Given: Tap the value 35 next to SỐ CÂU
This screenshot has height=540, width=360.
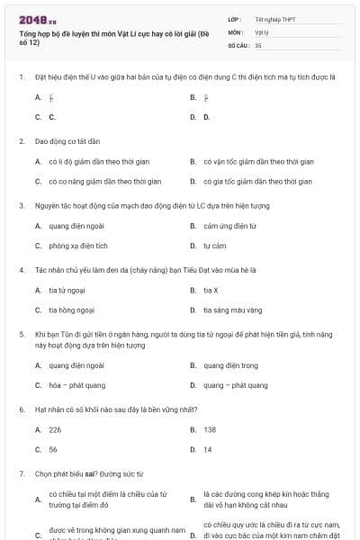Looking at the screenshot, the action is (258, 44).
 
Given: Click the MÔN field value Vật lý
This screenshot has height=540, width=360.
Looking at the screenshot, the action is (262, 31).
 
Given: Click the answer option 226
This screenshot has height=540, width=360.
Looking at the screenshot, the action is (55, 430).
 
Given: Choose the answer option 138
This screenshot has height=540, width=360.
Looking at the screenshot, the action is (210, 430).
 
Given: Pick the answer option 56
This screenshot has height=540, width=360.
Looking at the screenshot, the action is (53, 449).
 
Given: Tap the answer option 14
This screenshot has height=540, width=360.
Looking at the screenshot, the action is (208, 449).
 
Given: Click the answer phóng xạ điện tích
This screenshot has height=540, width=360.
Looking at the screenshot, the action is (78, 245).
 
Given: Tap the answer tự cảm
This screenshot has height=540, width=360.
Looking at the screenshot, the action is (213, 245).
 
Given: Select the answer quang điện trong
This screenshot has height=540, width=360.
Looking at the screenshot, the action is (230, 365).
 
